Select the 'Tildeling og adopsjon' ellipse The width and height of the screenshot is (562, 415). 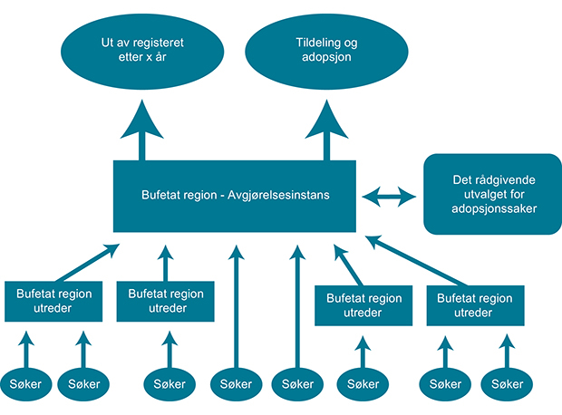pos(324,50)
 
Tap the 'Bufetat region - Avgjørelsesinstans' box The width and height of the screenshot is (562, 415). pos(235,195)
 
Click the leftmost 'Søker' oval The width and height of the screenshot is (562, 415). pos(25,384)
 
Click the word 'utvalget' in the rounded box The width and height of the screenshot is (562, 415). pos(471,194)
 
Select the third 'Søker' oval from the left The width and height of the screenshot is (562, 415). pos(165,384)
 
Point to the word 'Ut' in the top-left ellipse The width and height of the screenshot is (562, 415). pos(108,42)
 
